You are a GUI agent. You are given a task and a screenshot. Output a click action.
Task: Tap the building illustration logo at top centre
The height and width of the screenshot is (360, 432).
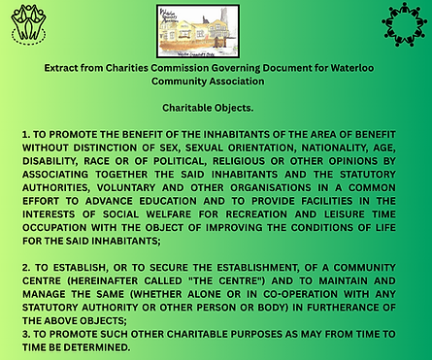[216, 29]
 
